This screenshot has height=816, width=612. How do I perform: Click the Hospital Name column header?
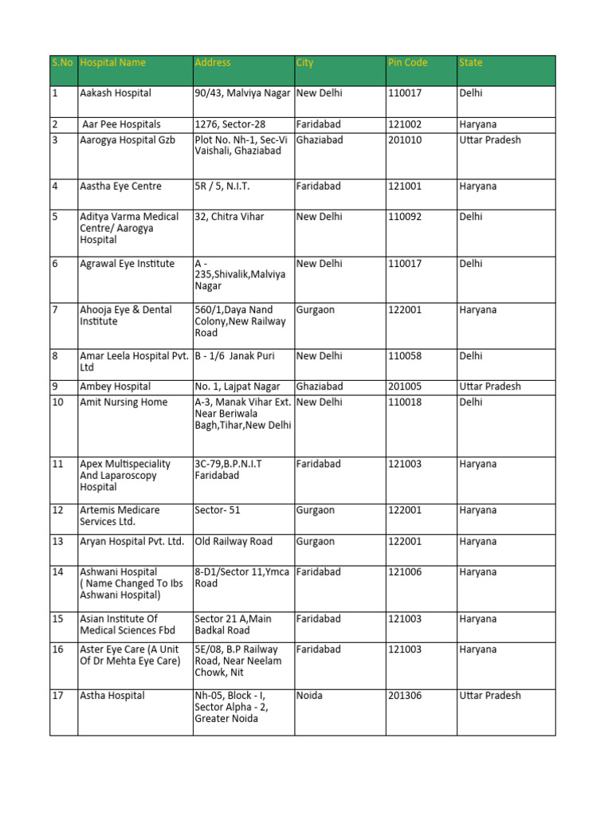(x=112, y=63)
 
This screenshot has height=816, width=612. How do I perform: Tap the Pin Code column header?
(x=407, y=63)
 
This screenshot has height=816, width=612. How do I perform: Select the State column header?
(x=470, y=63)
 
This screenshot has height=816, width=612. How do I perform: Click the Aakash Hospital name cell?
(x=115, y=93)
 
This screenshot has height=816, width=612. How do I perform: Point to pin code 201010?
(x=405, y=140)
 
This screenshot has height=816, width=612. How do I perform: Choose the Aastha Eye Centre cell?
(x=120, y=186)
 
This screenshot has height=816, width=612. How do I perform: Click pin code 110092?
(x=405, y=217)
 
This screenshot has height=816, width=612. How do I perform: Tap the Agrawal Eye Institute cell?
(x=127, y=264)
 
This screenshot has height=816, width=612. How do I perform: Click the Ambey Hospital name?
(x=115, y=386)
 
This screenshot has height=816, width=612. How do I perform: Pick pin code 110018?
(x=405, y=402)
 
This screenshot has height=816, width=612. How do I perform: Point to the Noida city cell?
(x=309, y=696)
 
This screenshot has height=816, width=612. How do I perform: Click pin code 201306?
(x=405, y=696)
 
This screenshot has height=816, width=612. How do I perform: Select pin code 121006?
(x=405, y=572)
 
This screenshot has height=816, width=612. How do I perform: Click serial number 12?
(x=57, y=511)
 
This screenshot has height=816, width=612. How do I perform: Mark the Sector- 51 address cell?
(x=217, y=511)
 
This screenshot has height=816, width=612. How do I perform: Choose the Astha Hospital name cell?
(x=112, y=696)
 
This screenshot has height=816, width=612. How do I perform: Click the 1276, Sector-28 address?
(x=230, y=124)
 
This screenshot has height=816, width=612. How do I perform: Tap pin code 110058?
(x=405, y=356)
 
